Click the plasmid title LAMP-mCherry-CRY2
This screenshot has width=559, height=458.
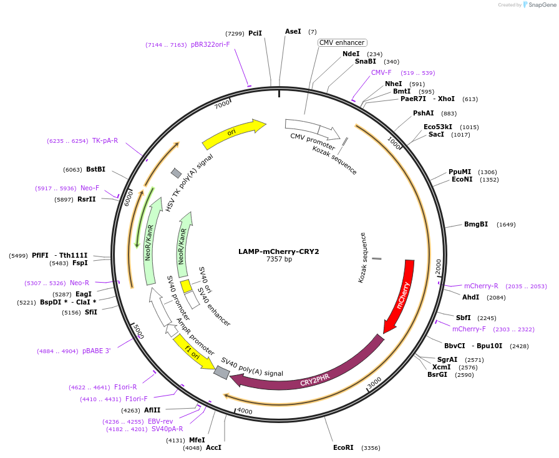[279, 252]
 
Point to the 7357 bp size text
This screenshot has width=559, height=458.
[279, 259]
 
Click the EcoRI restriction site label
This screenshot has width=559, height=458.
[343, 447]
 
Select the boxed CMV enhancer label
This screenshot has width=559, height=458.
[341, 42]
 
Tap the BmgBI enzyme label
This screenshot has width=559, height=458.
[476, 224]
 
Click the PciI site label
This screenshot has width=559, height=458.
[255, 33]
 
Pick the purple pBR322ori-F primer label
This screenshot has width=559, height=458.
[210, 44]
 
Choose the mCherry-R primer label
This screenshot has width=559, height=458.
[481, 286]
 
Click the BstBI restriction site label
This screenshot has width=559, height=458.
[95, 169]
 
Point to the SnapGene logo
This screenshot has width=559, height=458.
[541, 5]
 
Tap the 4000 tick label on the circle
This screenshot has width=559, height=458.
[245, 411]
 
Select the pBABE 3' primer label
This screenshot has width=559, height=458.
[97, 351]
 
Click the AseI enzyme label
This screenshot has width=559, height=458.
[293, 31]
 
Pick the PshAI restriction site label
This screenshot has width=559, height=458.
[424, 113]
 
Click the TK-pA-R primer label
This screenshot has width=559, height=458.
[105, 140]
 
